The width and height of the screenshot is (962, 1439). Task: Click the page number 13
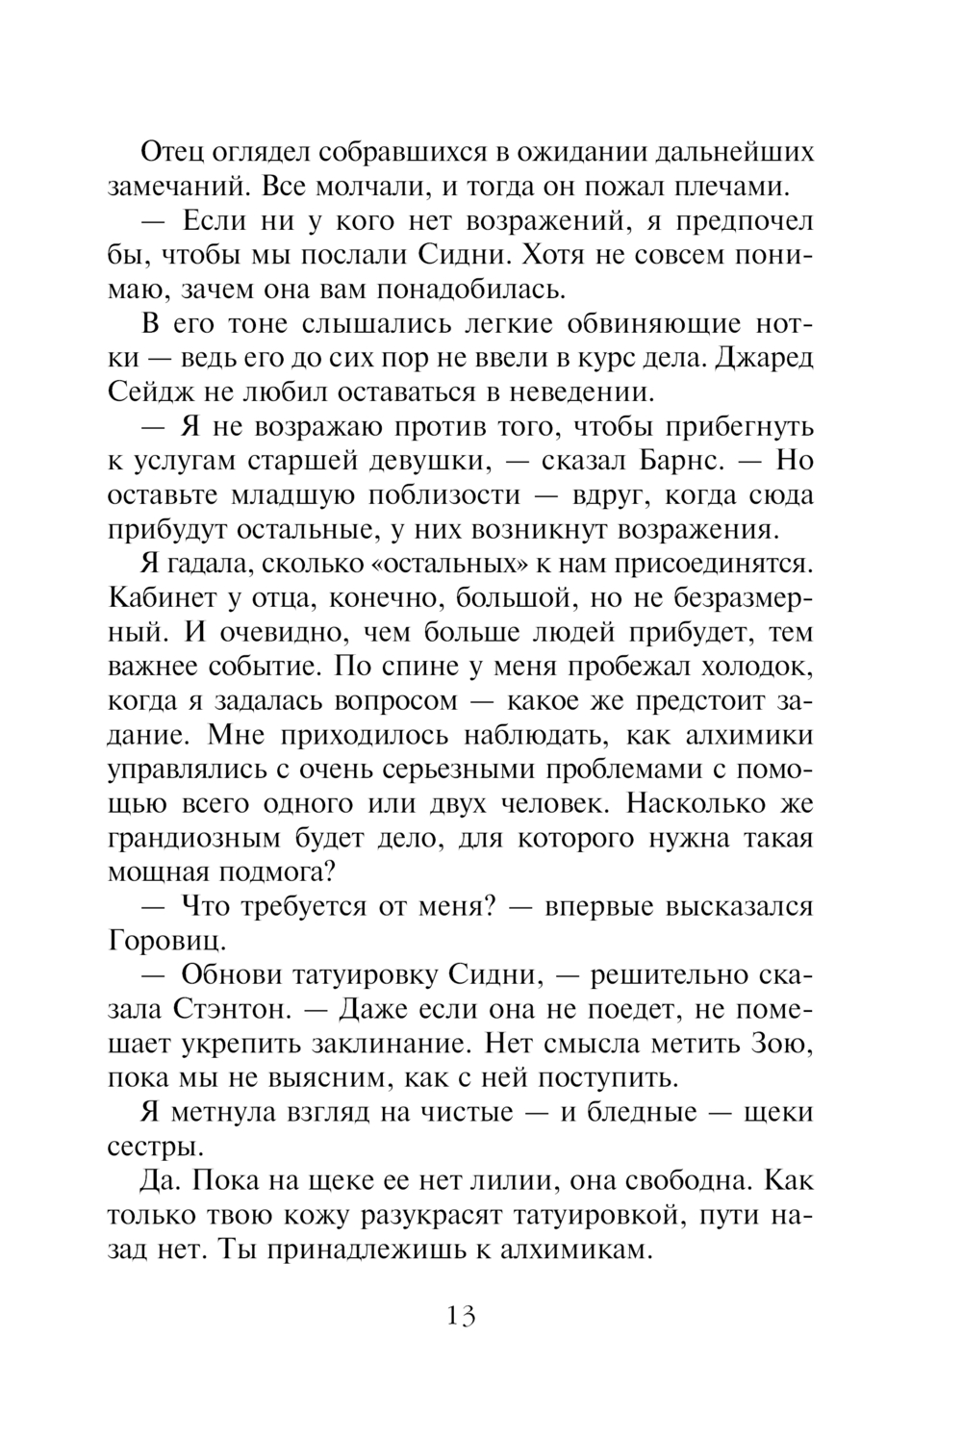461,1315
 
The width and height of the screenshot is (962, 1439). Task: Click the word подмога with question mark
280,871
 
